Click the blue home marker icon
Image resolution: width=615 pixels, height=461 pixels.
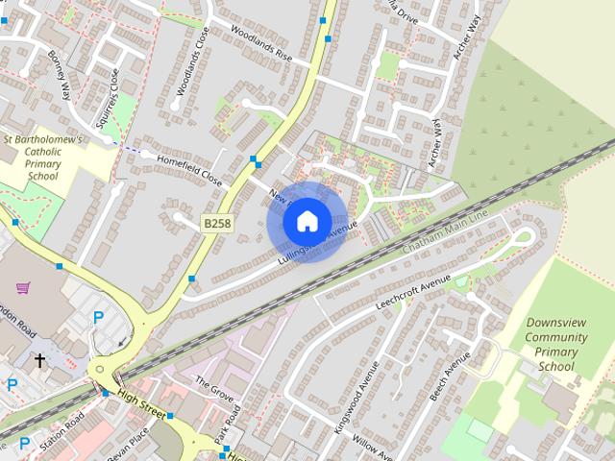coord(306,221)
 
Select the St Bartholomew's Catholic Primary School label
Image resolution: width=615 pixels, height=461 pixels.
coord(43,158)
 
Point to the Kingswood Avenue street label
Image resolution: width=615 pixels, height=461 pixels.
coord(350,407)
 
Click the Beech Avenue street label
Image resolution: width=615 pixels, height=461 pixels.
coord(450,375)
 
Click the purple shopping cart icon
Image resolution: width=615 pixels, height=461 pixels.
coord(24,287)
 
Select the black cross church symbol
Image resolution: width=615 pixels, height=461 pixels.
coord(40,361)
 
